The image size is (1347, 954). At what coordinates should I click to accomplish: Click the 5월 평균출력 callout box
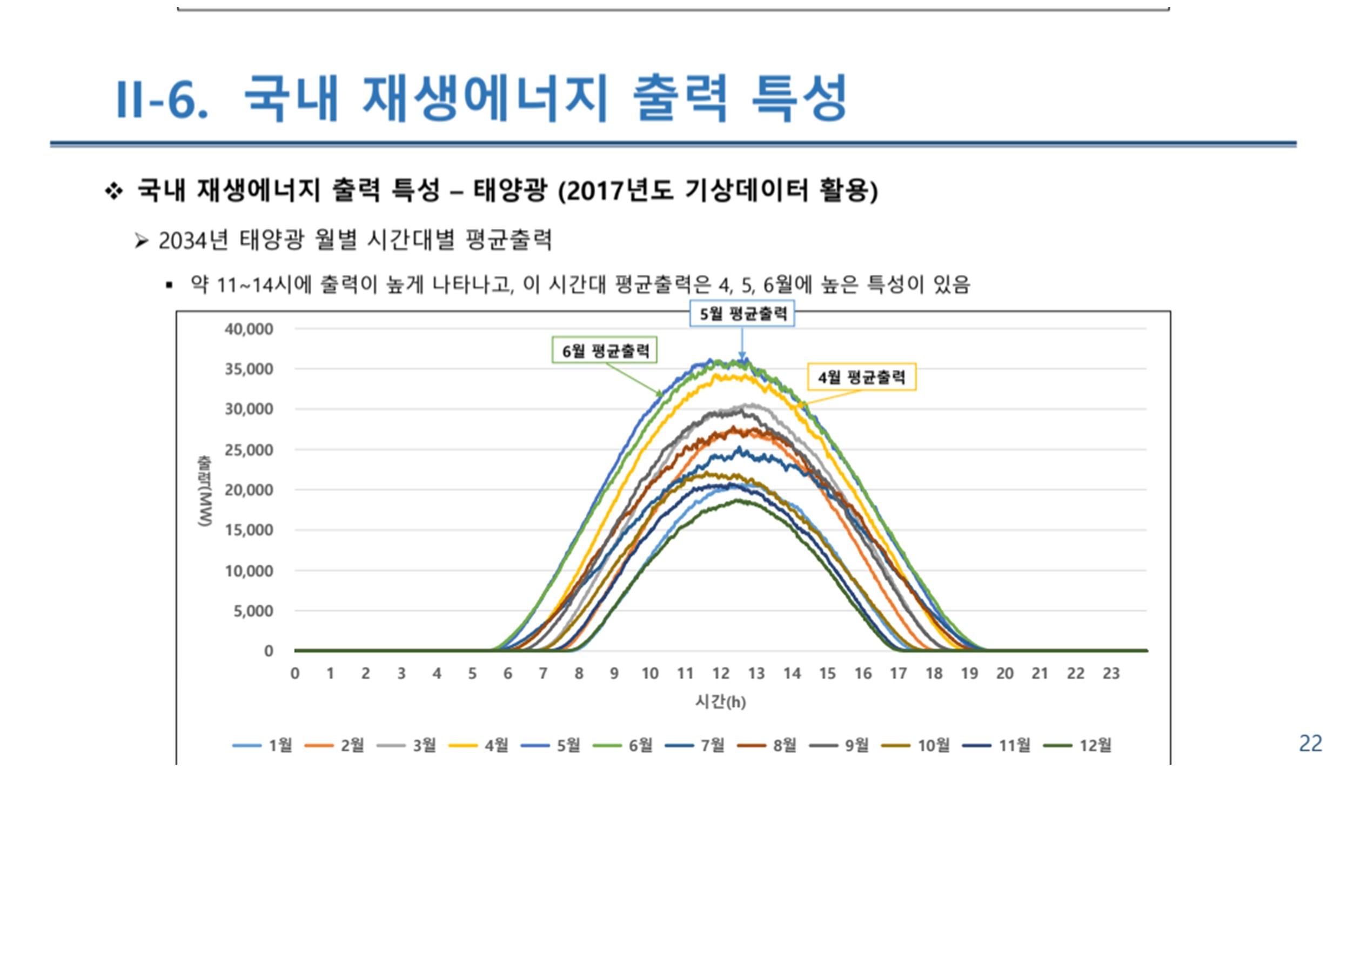[742, 314]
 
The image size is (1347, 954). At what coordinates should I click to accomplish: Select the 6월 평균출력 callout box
[605, 350]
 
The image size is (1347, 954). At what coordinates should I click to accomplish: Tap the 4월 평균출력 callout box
[862, 377]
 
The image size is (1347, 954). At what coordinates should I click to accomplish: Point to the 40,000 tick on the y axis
[249, 329]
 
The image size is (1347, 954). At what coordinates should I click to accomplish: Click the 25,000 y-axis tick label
[249, 450]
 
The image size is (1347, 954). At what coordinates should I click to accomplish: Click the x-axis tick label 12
[721, 674]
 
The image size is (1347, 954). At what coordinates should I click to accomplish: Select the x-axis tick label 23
[1111, 674]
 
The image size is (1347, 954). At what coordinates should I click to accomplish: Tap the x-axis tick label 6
[508, 674]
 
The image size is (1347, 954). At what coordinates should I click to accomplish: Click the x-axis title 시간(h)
[720, 702]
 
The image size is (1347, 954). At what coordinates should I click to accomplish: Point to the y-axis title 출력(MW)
[205, 491]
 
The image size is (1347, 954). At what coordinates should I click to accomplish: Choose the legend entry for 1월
[263, 745]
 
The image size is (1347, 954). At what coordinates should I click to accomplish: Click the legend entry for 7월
[695, 745]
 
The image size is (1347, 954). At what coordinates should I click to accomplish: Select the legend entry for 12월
[1077, 745]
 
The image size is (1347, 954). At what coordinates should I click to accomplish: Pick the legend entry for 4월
[479, 745]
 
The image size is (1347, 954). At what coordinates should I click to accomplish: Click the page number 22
[1310, 744]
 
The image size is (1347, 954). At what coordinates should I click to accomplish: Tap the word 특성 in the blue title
[800, 98]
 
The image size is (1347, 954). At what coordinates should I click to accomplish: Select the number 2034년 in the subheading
[193, 240]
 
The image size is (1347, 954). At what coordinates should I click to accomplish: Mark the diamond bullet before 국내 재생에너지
[113, 191]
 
